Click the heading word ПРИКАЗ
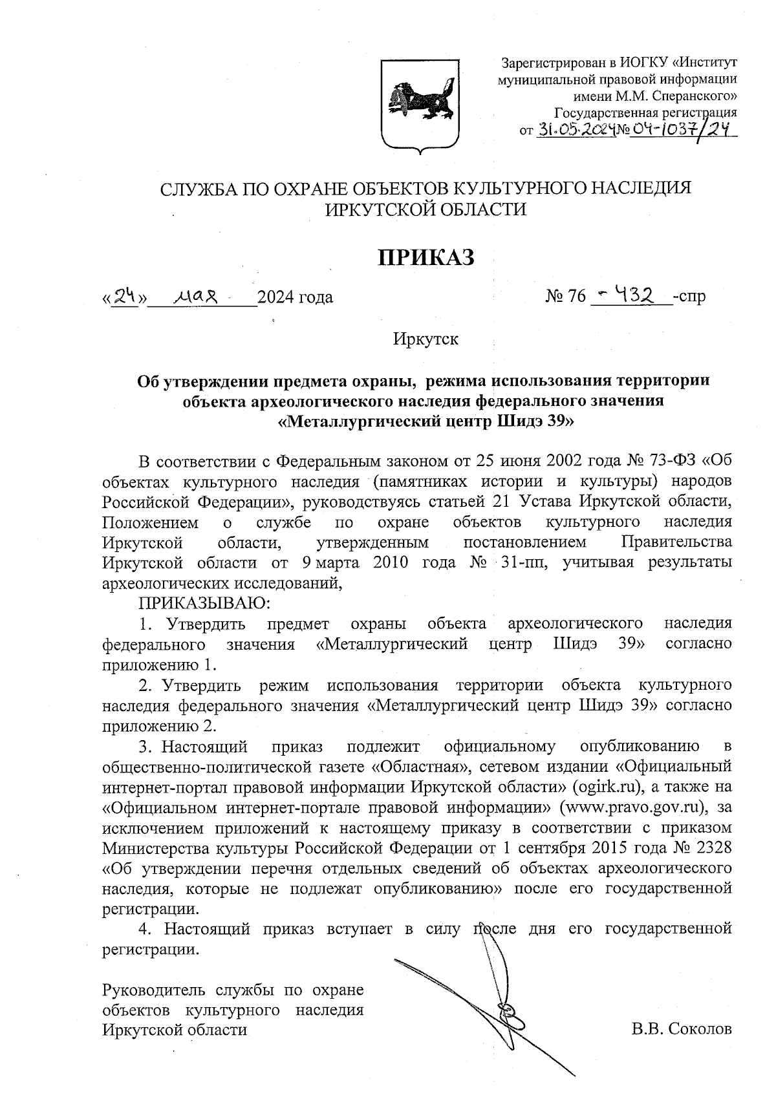[426, 257]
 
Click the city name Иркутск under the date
[426, 339]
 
